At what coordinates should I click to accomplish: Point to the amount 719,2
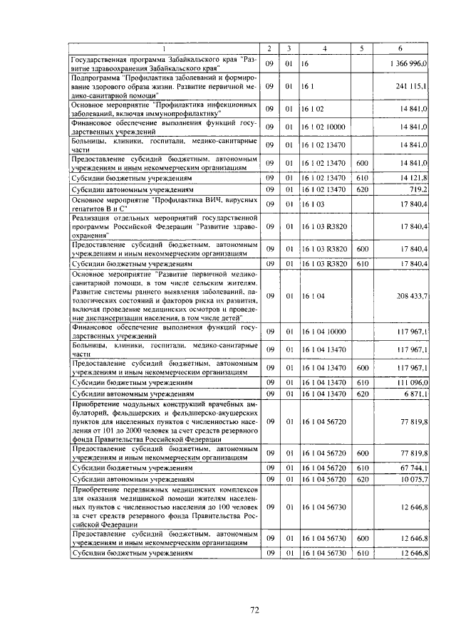417,190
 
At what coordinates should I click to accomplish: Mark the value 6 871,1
414,393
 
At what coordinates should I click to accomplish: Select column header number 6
400,48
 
